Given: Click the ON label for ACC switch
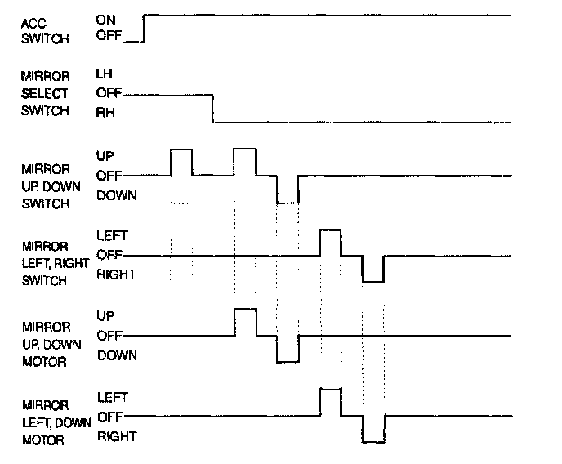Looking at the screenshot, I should point(105,18).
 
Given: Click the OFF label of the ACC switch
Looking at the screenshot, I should point(108,36).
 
